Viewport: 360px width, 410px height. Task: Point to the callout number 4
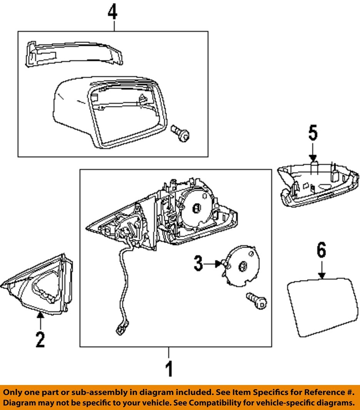(112, 13)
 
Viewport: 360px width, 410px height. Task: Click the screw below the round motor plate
(256, 300)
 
